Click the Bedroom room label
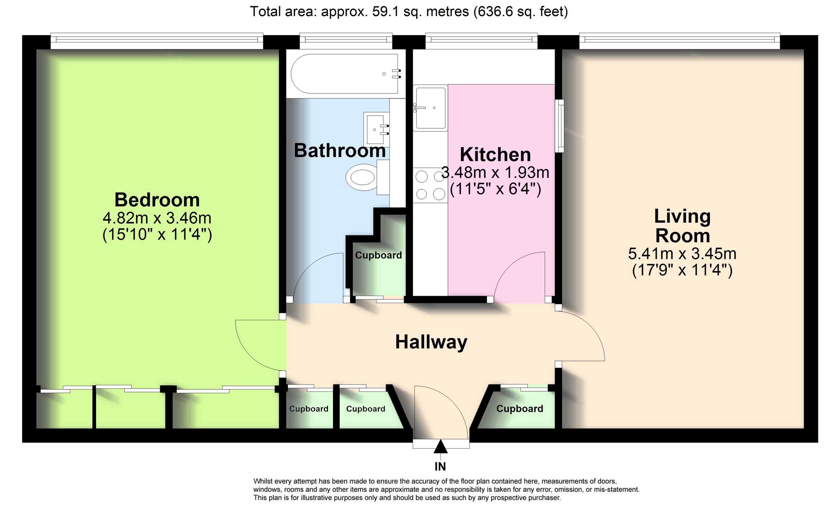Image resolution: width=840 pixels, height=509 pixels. click(157, 200)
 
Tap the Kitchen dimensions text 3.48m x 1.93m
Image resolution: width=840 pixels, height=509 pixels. click(495, 172)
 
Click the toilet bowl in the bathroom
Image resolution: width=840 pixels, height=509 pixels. click(363, 177)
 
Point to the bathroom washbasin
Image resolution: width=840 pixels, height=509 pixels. click(376, 129)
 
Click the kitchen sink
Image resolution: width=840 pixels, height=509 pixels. click(430, 108)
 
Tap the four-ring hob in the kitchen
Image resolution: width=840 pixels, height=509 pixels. click(430, 185)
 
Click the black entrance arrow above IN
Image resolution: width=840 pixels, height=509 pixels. click(440, 446)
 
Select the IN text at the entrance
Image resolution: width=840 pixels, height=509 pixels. click(440, 466)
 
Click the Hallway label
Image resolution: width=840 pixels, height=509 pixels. click(431, 342)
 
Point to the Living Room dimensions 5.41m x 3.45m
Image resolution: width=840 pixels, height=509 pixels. click(682, 254)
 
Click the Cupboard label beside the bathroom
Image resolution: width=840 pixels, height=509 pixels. click(378, 255)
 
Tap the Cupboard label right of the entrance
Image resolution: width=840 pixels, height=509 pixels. click(519, 409)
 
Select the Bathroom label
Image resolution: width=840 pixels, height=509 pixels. click(340, 150)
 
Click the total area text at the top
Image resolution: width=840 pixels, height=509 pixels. click(409, 12)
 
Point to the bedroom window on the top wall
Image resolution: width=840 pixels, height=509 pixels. click(157, 41)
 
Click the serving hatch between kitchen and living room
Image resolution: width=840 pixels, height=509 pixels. click(559, 126)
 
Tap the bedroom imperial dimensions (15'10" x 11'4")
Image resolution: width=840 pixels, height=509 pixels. click(157, 235)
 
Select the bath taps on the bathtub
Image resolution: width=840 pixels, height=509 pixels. click(396, 74)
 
